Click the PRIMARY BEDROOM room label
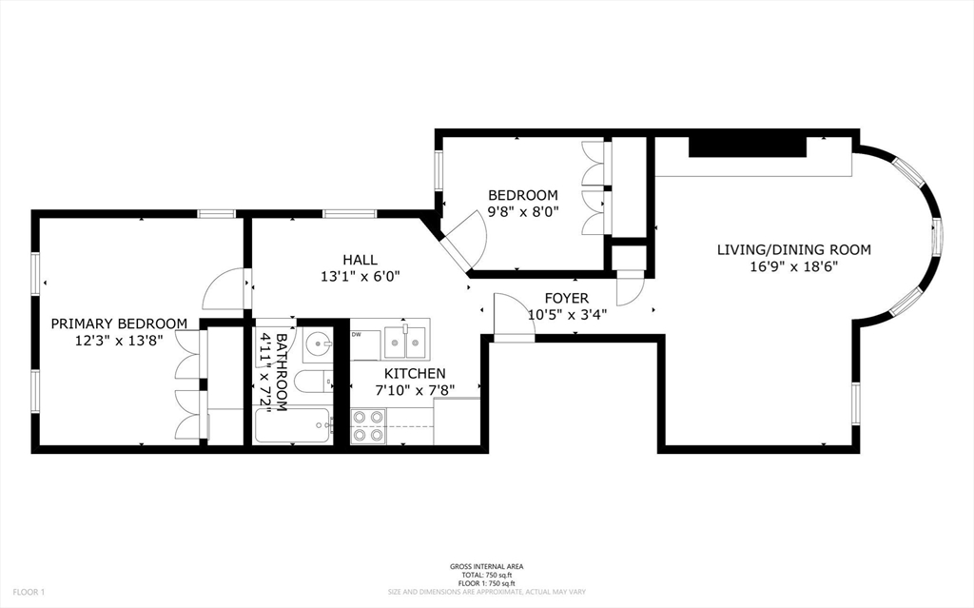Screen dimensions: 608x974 [x=119, y=324]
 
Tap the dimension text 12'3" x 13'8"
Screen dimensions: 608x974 [x=119, y=340]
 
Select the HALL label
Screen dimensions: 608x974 [x=360, y=260]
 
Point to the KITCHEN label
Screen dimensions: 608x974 [x=414, y=374]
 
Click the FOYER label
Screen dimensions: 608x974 [x=566, y=299]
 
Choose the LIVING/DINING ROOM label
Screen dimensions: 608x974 [x=793, y=250]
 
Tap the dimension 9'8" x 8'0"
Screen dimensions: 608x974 [x=523, y=211]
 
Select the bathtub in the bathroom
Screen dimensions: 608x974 [x=293, y=425]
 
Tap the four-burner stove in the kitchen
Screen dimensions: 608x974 [x=369, y=425]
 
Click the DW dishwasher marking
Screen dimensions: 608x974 [x=357, y=334]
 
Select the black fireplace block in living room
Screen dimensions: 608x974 [x=748, y=146]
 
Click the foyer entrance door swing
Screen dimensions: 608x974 [x=513, y=316]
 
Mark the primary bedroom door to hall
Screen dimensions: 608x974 [x=226, y=288]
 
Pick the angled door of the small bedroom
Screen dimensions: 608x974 [x=464, y=240]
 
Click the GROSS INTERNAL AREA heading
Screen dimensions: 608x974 [x=486, y=567]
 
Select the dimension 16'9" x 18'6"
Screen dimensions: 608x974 [x=793, y=266]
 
